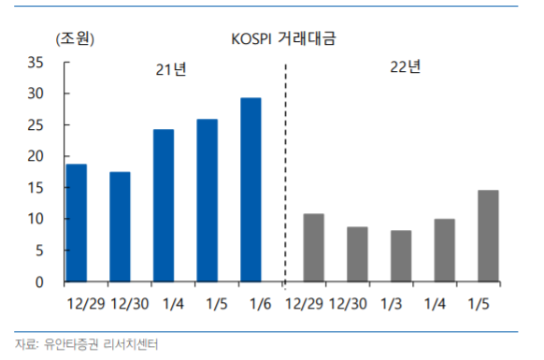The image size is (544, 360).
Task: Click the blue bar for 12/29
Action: pyautogui.click(x=77, y=223)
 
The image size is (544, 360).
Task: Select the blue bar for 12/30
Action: pyautogui.click(x=120, y=226)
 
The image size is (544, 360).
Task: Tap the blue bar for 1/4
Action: pyautogui.click(x=164, y=205)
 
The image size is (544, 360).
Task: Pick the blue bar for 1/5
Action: pyautogui.click(x=208, y=200)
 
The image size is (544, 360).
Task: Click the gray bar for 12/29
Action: pyautogui.click(x=314, y=248)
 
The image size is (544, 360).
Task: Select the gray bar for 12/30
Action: pyautogui.click(x=357, y=254)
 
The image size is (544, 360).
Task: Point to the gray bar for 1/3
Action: pyautogui.click(x=401, y=256)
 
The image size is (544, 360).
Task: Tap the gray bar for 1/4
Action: pyautogui.click(x=445, y=250)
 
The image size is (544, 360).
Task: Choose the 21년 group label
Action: pyautogui.click(x=170, y=71)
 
